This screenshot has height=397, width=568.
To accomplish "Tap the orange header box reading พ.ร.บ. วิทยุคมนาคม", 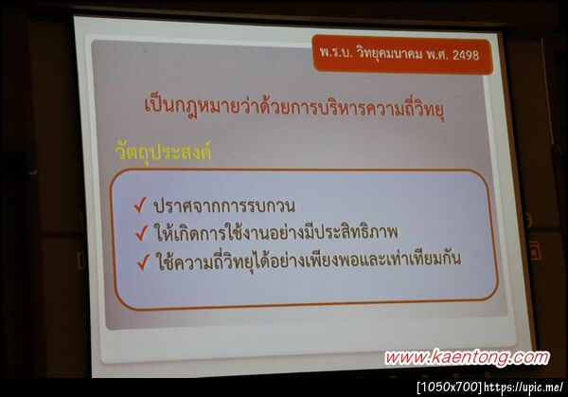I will pos(401,56).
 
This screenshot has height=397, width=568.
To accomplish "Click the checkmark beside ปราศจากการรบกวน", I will pos(140,204).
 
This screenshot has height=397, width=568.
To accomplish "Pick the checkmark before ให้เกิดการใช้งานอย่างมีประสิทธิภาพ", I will pos(140,230).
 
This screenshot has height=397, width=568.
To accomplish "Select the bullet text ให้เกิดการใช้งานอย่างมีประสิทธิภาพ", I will pos(275,230).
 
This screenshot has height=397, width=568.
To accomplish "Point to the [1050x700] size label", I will pos(449,387).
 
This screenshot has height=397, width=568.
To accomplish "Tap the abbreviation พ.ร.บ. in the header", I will pos(337,56).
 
